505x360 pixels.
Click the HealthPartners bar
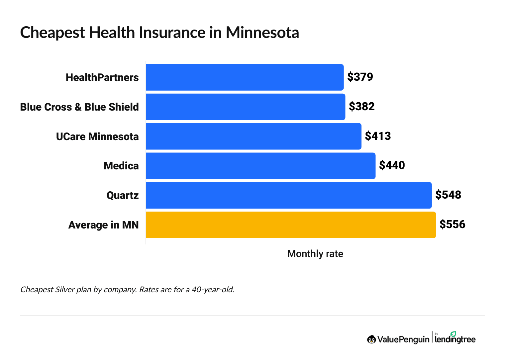pyautogui.click(x=245, y=77)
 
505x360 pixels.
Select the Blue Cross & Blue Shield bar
pyautogui.click(x=246, y=107)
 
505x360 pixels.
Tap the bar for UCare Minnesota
pyautogui.click(x=253, y=136)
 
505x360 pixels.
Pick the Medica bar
pyautogui.click(x=261, y=166)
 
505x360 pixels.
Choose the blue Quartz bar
pyautogui.click(x=289, y=195)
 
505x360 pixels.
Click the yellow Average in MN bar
pyautogui.click(x=291, y=225)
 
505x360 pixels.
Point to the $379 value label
pyautogui.click(x=360, y=77)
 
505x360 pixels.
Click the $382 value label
pyautogui.click(x=361, y=107)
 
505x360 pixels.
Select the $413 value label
pyautogui.click(x=378, y=136)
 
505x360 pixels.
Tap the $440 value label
pyautogui.click(x=392, y=165)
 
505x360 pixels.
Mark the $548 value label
pyautogui.click(x=448, y=195)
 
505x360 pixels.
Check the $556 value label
pyautogui.click(x=452, y=225)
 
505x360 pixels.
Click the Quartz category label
pyautogui.click(x=122, y=196)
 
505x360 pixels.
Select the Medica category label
pyautogui.click(x=121, y=166)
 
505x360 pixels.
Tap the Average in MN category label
pyautogui.click(x=103, y=225)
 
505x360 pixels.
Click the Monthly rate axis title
pyautogui.click(x=315, y=254)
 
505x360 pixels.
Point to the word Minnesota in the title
pyautogui.click(x=262, y=33)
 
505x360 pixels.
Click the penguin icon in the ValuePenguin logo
pyautogui.click(x=371, y=339)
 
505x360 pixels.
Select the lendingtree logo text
pyautogui.click(x=455, y=339)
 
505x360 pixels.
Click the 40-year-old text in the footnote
pyautogui.click(x=213, y=290)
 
